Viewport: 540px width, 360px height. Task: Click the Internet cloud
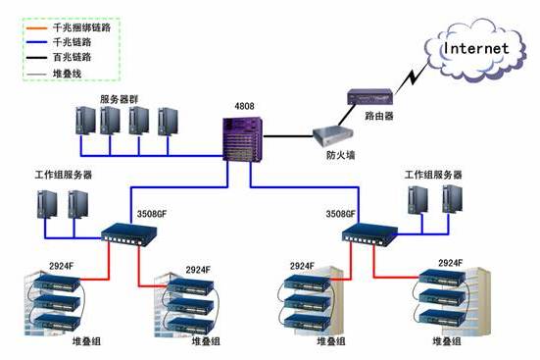pyautogui.click(x=475, y=50)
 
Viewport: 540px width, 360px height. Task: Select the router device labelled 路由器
pyautogui.click(x=370, y=96)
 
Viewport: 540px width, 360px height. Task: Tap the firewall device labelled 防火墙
pyautogui.click(x=333, y=137)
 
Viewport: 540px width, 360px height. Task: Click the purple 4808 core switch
pyautogui.click(x=243, y=139)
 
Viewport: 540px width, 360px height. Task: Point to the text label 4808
pyautogui.click(x=244, y=106)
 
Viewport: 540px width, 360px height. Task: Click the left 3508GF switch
pyautogui.click(x=129, y=234)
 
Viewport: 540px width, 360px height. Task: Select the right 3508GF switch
pyautogui.click(x=369, y=234)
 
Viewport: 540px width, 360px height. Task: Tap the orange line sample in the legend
pyautogui.click(x=36, y=27)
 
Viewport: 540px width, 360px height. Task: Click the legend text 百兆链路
pyautogui.click(x=72, y=57)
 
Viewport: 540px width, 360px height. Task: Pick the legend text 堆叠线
pyautogui.click(x=67, y=74)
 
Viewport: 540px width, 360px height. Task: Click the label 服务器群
pyautogui.click(x=119, y=99)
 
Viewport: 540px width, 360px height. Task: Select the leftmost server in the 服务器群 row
pyautogui.click(x=85, y=121)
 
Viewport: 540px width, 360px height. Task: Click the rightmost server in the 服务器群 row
pyautogui.click(x=168, y=122)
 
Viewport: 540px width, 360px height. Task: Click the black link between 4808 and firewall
pyautogui.click(x=288, y=136)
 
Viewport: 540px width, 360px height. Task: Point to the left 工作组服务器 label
pyautogui.click(x=64, y=175)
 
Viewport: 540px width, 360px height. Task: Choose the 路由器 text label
pyautogui.click(x=379, y=116)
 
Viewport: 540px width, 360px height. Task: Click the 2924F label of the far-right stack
pyautogui.click(x=450, y=263)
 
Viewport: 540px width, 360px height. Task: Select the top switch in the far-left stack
pyautogui.click(x=57, y=283)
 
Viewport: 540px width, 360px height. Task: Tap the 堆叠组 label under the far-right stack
pyautogui.click(x=447, y=341)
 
